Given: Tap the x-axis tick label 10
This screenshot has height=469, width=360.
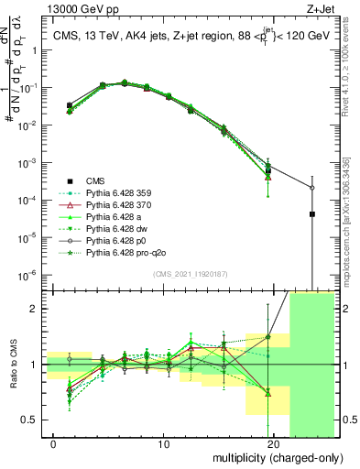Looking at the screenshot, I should point(163,444).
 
